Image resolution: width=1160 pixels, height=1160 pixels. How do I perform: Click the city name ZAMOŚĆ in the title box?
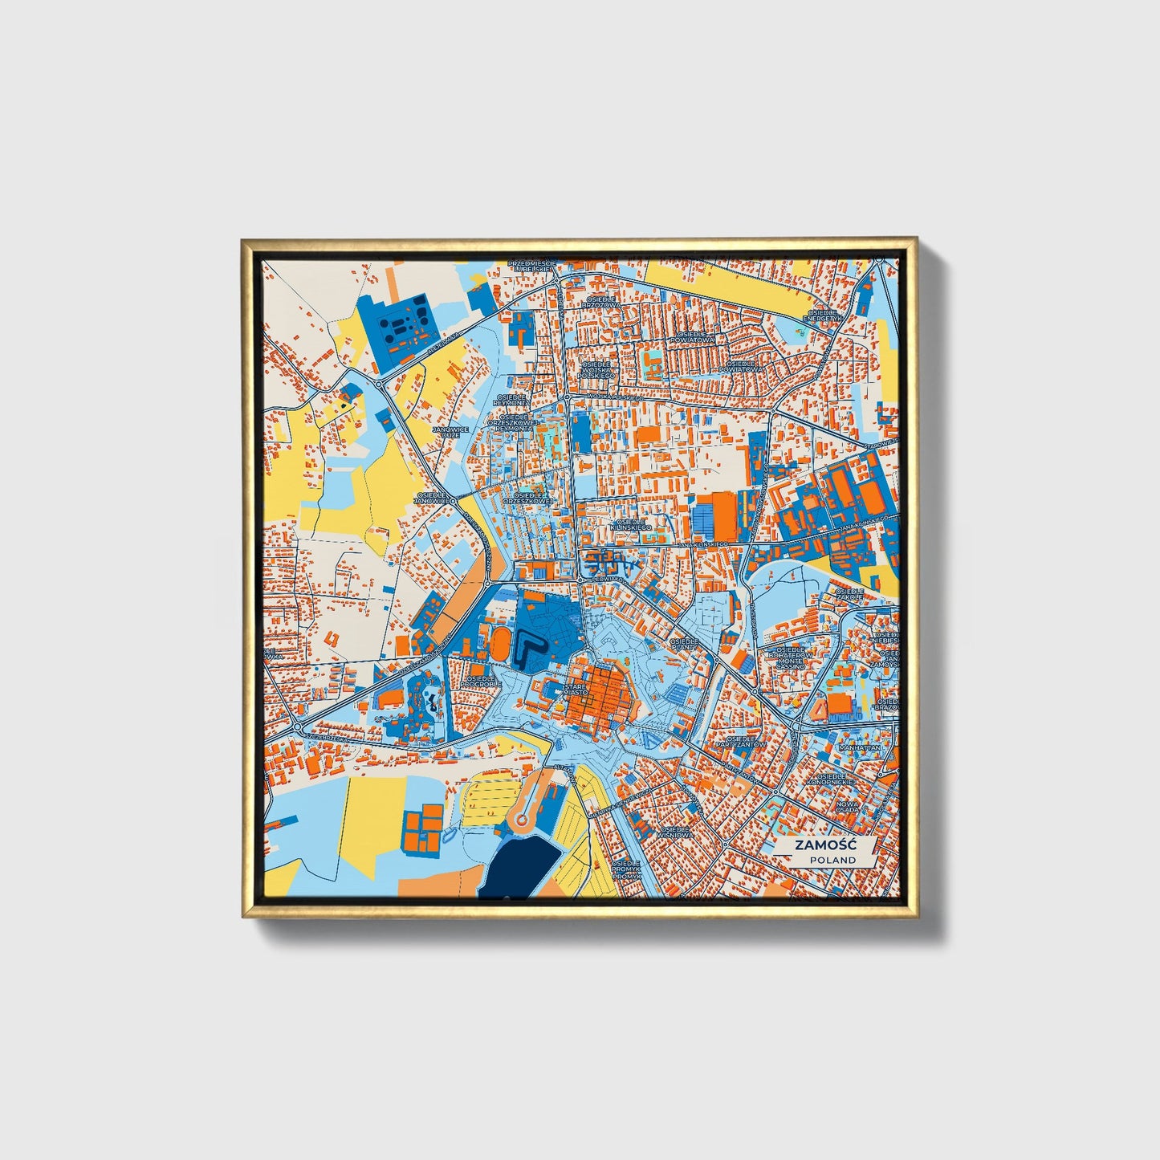(x=824, y=845)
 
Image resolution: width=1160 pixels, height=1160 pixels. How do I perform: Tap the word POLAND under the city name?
(x=832, y=860)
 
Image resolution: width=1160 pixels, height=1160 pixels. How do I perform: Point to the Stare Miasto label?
(x=575, y=691)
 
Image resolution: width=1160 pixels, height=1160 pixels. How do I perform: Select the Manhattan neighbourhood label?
(x=859, y=747)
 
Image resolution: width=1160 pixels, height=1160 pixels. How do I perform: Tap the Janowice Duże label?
(x=450, y=432)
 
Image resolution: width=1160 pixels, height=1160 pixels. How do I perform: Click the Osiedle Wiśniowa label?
(x=673, y=832)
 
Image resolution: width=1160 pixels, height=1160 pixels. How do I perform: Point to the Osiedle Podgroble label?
(x=482, y=681)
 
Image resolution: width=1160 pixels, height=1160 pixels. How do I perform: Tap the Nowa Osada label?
(x=846, y=807)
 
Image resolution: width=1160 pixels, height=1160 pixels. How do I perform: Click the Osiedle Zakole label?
(x=849, y=595)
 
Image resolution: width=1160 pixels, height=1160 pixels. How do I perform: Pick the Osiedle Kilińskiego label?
(x=632, y=523)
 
